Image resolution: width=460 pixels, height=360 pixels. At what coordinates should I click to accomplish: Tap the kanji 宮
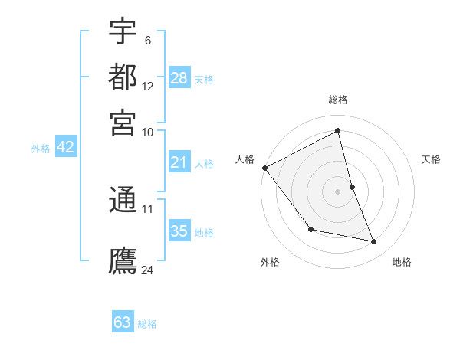tap(123, 123)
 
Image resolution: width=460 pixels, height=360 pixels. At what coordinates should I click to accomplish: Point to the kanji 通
tap(123, 201)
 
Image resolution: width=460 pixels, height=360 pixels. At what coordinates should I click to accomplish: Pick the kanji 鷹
tap(123, 260)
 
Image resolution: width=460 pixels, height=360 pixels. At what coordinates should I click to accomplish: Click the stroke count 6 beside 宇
tap(147, 40)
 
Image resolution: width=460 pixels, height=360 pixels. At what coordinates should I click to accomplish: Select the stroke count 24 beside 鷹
tap(148, 269)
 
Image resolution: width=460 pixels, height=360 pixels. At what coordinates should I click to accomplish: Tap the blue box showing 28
tap(179, 78)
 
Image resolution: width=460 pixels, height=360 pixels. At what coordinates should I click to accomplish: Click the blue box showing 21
tap(179, 162)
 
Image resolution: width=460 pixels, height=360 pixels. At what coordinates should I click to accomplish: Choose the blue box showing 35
tap(179, 231)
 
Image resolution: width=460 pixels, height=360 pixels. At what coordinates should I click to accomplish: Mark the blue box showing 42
tap(65, 148)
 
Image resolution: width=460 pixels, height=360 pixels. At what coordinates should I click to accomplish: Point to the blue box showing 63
tap(123, 322)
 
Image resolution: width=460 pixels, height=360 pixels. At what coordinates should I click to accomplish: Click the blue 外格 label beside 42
tap(41, 149)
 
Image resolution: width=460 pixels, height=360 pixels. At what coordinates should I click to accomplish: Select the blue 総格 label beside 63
tap(147, 324)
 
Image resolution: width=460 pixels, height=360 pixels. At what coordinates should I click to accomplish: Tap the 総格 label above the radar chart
tap(337, 100)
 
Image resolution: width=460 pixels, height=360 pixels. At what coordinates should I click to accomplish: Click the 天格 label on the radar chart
tap(431, 159)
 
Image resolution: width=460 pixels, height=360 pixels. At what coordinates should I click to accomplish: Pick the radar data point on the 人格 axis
tap(264, 168)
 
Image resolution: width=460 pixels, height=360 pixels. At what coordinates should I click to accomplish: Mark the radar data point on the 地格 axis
tap(374, 242)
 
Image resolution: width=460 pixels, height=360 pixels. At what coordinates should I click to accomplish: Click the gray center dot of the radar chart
tap(337, 191)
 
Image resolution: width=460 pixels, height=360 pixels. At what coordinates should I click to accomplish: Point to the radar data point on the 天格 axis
tap(352, 186)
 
